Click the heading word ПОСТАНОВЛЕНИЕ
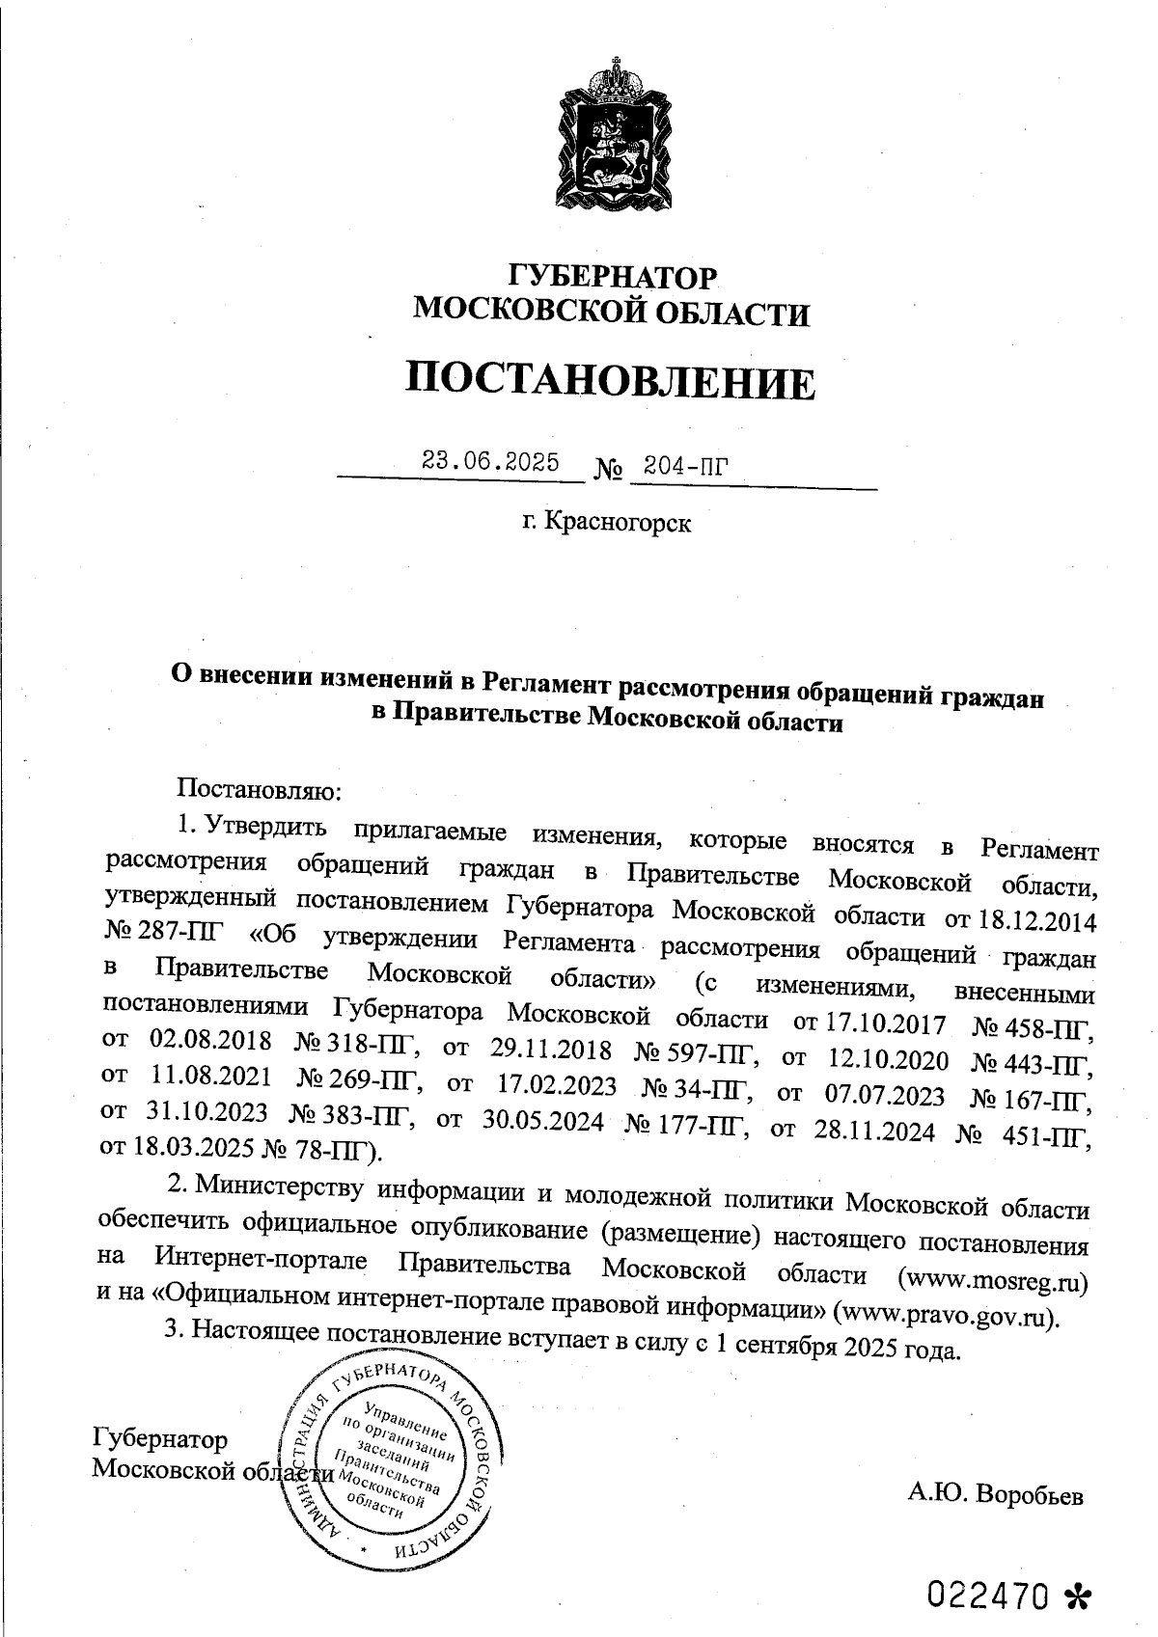click(609, 381)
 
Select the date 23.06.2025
click(490, 462)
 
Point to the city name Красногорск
click(619, 524)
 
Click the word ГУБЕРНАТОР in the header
click(613, 279)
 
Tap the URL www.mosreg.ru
click(994, 1281)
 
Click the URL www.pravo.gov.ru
click(947, 1315)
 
